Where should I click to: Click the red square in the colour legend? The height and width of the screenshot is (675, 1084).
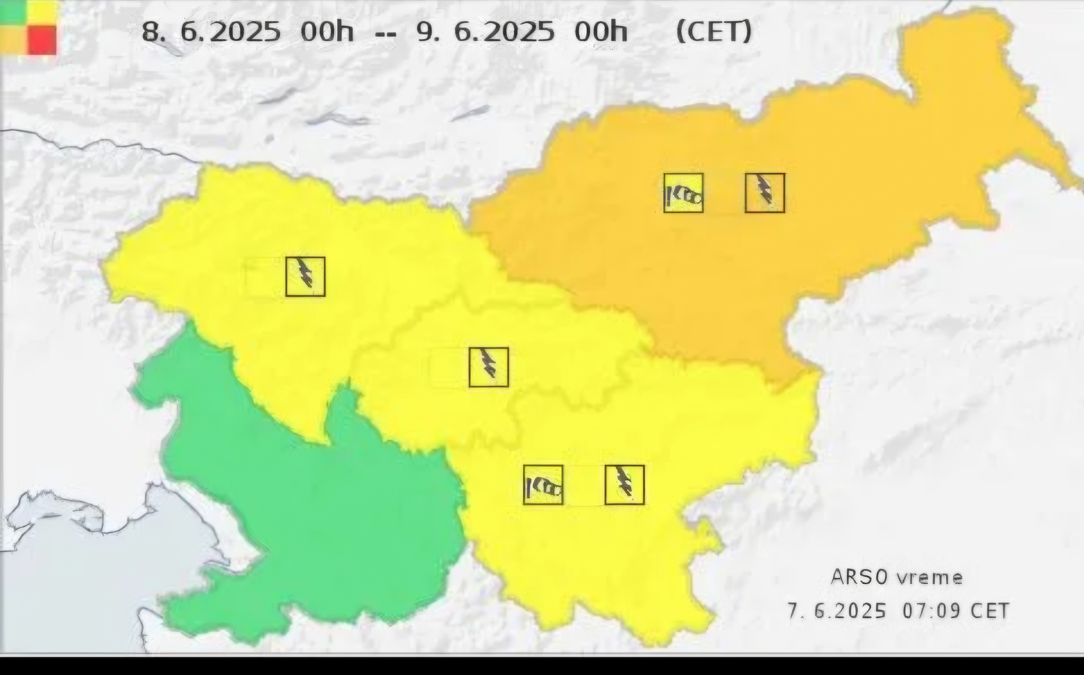42,40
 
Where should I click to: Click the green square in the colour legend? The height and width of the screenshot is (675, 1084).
13,12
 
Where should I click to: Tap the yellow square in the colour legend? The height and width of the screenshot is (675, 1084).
42,12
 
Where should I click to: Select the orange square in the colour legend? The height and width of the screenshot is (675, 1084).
13,40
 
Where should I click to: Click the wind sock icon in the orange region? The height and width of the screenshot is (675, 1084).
684,193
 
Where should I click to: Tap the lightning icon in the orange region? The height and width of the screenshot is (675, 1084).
765,193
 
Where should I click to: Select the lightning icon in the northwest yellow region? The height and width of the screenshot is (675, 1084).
305,276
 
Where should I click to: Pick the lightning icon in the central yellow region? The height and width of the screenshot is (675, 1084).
489,367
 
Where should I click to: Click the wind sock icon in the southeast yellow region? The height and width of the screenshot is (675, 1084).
543,485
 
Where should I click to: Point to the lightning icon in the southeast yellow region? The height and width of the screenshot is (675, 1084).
624,485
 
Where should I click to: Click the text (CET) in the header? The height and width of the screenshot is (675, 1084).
714,31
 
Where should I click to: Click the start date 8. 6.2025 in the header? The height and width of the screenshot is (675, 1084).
211,31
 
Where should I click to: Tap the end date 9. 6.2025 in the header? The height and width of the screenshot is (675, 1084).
485,31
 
